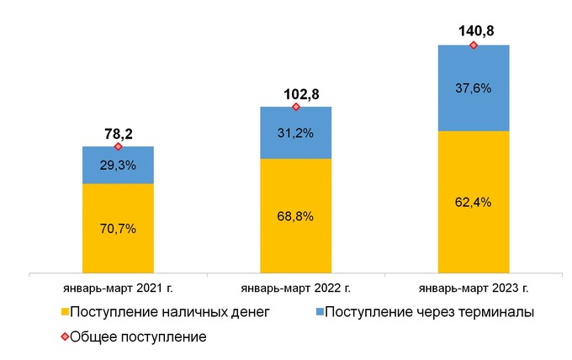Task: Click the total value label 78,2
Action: click(118, 133)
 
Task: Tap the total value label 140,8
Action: click(474, 32)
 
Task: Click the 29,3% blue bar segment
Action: click(118, 166)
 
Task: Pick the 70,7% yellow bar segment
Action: click(118, 229)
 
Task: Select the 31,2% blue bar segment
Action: click(295, 133)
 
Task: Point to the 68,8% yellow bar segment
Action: click(295, 216)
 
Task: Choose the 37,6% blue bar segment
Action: click(474, 87)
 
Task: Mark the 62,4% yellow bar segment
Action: click(474, 203)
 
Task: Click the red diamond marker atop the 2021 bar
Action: click(118, 146)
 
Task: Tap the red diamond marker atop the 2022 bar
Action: click(295, 107)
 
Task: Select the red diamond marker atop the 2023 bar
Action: click(474, 45)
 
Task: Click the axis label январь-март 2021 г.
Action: click(118, 289)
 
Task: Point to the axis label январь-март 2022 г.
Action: click(295, 289)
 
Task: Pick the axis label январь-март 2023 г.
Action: click(474, 289)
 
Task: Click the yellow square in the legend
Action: click(64, 313)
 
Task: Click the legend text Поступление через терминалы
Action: click(430, 313)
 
